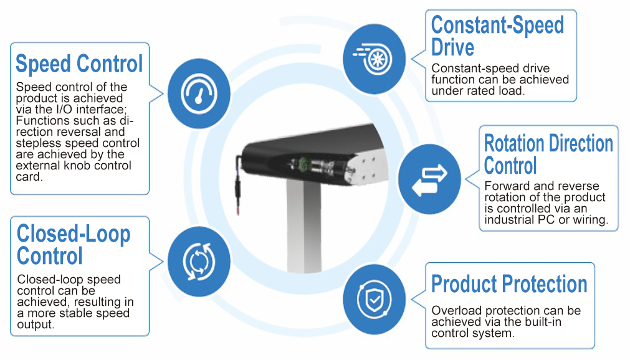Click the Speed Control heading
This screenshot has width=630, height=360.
pyautogui.click(x=79, y=64)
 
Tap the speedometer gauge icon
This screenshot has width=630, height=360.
pyautogui.click(x=199, y=93)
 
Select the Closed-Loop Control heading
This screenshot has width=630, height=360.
pyautogui.click(x=74, y=245)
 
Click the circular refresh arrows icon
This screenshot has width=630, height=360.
pyautogui.click(x=199, y=261)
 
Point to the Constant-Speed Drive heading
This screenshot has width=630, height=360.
pyautogui.click(x=497, y=36)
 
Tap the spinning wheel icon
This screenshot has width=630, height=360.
pyautogui.click(x=374, y=59)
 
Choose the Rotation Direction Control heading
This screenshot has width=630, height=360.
pyautogui.click(x=548, y=154)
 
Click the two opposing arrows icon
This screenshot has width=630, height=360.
pyautogui.click(x=429, y=180)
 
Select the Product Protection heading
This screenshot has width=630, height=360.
pyautogui.click(x=509, y=284)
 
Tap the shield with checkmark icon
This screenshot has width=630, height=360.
pyautogui.click(x=375, y=300)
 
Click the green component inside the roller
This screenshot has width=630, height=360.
pyautogui.click(x=303, y=164)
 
